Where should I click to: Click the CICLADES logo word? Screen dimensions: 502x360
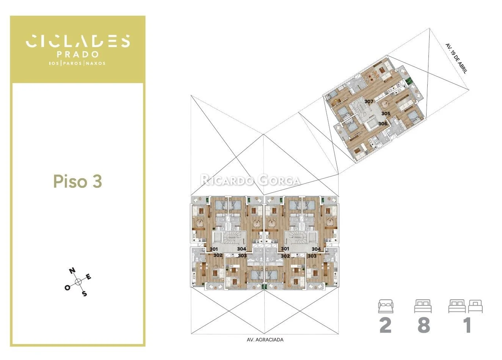[x=78, y=41]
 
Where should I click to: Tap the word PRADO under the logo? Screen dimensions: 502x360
[x=78, y=54]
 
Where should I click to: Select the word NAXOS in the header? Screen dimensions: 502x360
[x=96, y=63]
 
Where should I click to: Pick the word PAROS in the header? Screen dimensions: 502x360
[x=72, y=63]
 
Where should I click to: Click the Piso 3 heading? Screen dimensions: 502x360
[x=78, y=181]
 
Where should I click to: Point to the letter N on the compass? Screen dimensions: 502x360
[x=72, y=271]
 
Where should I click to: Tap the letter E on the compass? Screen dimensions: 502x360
[x=89, y=277]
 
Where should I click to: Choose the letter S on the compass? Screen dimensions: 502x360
[x=84, y=294]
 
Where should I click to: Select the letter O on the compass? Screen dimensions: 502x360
[x=67, y=288]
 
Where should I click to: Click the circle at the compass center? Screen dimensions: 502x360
[x=78, y=282]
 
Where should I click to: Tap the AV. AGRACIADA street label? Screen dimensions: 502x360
[x=265, y=340]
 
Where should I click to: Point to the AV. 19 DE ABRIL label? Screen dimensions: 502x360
[x=457, y=58]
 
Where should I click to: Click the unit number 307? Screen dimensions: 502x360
[x=369, y=101]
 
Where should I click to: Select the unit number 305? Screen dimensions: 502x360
[x=386, y=114]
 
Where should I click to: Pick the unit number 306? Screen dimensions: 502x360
[x=383, y=124]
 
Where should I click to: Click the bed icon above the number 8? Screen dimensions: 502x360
[x=423, y=306]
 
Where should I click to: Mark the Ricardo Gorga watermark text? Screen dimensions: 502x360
[x=250, y=180]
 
